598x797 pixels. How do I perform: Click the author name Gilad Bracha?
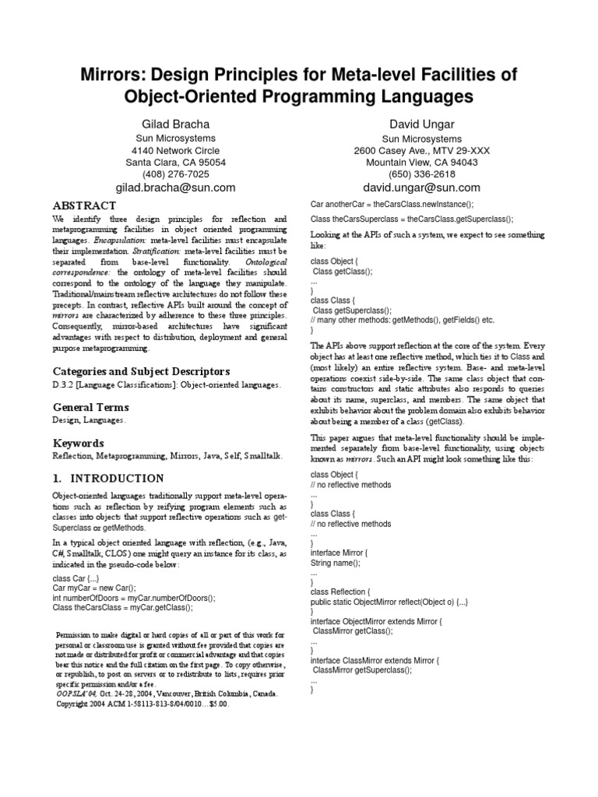(176, 124)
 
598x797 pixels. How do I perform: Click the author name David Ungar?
(421, 124)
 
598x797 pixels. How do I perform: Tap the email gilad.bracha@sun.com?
(176, 188)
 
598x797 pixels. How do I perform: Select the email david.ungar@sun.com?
(421, 188)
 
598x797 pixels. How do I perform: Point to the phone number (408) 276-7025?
(176, 174)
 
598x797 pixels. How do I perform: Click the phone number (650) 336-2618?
(421, 174)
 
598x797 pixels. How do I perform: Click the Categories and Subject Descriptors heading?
(141, 370)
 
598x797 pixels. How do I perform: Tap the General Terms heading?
(90, 407)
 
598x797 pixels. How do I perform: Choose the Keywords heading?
(79, 443)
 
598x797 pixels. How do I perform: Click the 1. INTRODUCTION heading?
(108, 478)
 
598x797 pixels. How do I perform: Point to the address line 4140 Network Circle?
(176, 150)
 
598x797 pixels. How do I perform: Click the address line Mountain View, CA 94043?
(421, 163)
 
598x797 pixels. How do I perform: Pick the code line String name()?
(336, 562)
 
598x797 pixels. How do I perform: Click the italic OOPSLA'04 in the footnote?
(78, 692)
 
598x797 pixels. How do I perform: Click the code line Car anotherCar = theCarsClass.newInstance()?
(400, 202)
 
